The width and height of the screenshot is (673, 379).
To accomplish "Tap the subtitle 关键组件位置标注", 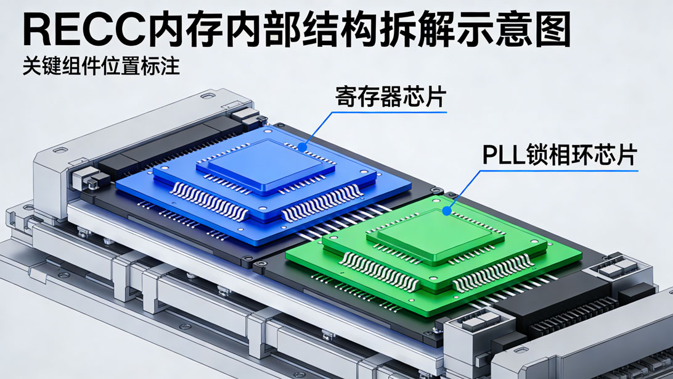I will [x=101, y=65].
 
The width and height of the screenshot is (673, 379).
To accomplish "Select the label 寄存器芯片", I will [x=391, y=97].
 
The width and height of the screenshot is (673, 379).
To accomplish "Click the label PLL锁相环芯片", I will [x=559, y=154].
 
